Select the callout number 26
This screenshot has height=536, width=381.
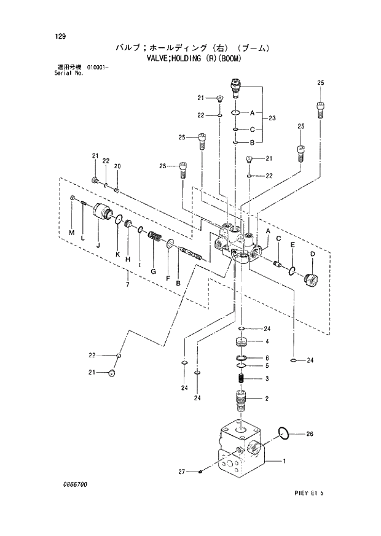click(x=310, y=434)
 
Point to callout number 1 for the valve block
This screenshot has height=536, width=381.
click(x=284, y=460)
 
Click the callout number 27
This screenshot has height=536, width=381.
click(x=182, y=472)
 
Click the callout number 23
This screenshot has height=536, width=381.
click(x=272, y=118)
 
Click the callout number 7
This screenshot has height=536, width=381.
click(x=127, y=284)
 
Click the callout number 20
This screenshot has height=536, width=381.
click(x=117, y=166)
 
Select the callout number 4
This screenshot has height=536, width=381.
click(x=267, y=341)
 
